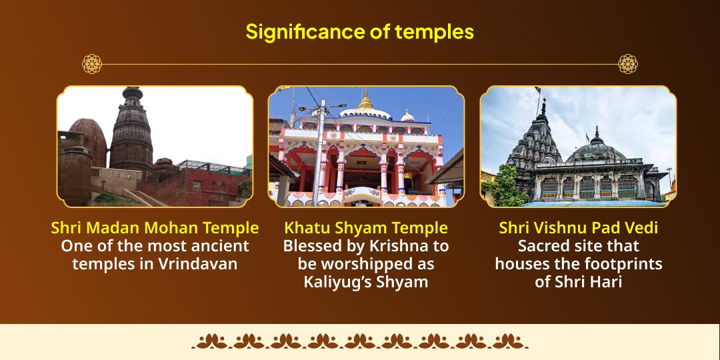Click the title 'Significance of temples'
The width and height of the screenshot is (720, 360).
coord(359,32)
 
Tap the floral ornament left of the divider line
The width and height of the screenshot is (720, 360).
coord(92,64)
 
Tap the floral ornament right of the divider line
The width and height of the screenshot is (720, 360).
coord(628,64)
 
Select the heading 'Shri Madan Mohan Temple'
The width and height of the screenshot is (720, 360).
coord(155,228)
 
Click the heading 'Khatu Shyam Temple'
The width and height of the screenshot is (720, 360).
coord(366,228)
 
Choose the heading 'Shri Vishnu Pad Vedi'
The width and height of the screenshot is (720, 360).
coord(579,228)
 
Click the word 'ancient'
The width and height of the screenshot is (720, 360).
coord(220,246)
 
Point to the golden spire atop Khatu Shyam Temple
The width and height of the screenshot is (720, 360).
coord(366,99)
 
